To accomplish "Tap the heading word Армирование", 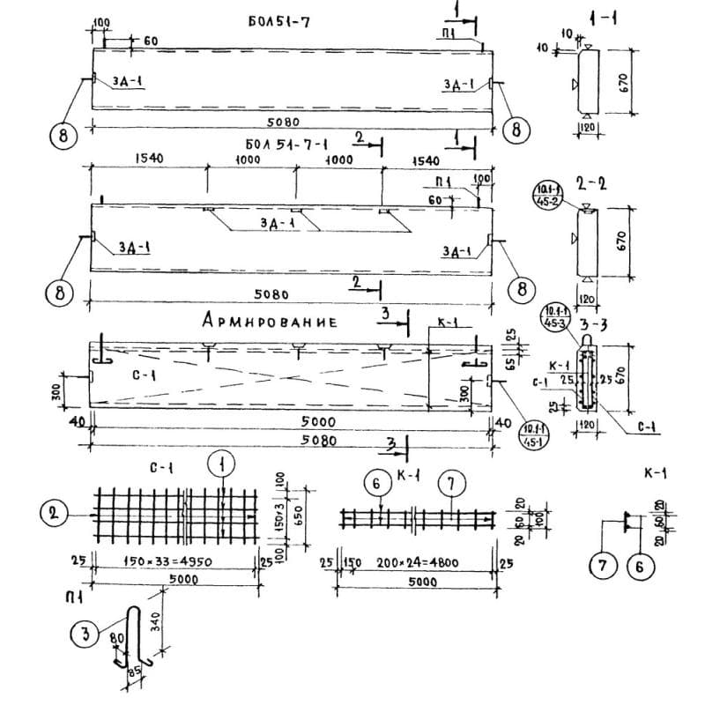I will (x=270, y=322).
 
